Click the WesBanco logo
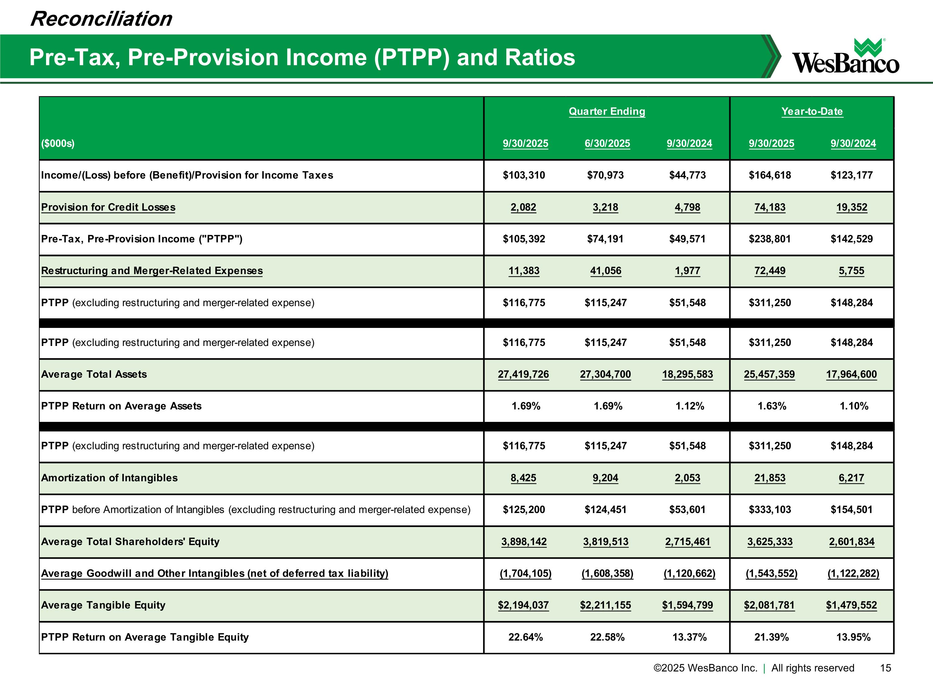(x=845, y=57)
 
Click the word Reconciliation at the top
(x=101, y=19)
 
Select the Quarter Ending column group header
(x=606, y=111)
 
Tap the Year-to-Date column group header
(x=812, y=111)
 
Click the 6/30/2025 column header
(x=607, y=143)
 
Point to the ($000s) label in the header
(x=58, y=143)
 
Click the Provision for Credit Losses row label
(x=108, y=207)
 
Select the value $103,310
(x=523, y=175)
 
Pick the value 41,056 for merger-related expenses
(x=605, y=271)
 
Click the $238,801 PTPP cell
(x=769, y=239)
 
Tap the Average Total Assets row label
(x=94, y=374)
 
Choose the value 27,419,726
(x=523, y=374)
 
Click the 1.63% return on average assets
(x=772, y=406)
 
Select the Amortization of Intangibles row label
(x=109, y=478)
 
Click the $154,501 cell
(x=851, y=510)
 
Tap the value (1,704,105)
(x=525, y=573)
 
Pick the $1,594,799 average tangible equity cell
(x=687, y=605)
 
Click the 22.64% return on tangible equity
(x=525, y=637)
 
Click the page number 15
(x=885, y=668)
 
